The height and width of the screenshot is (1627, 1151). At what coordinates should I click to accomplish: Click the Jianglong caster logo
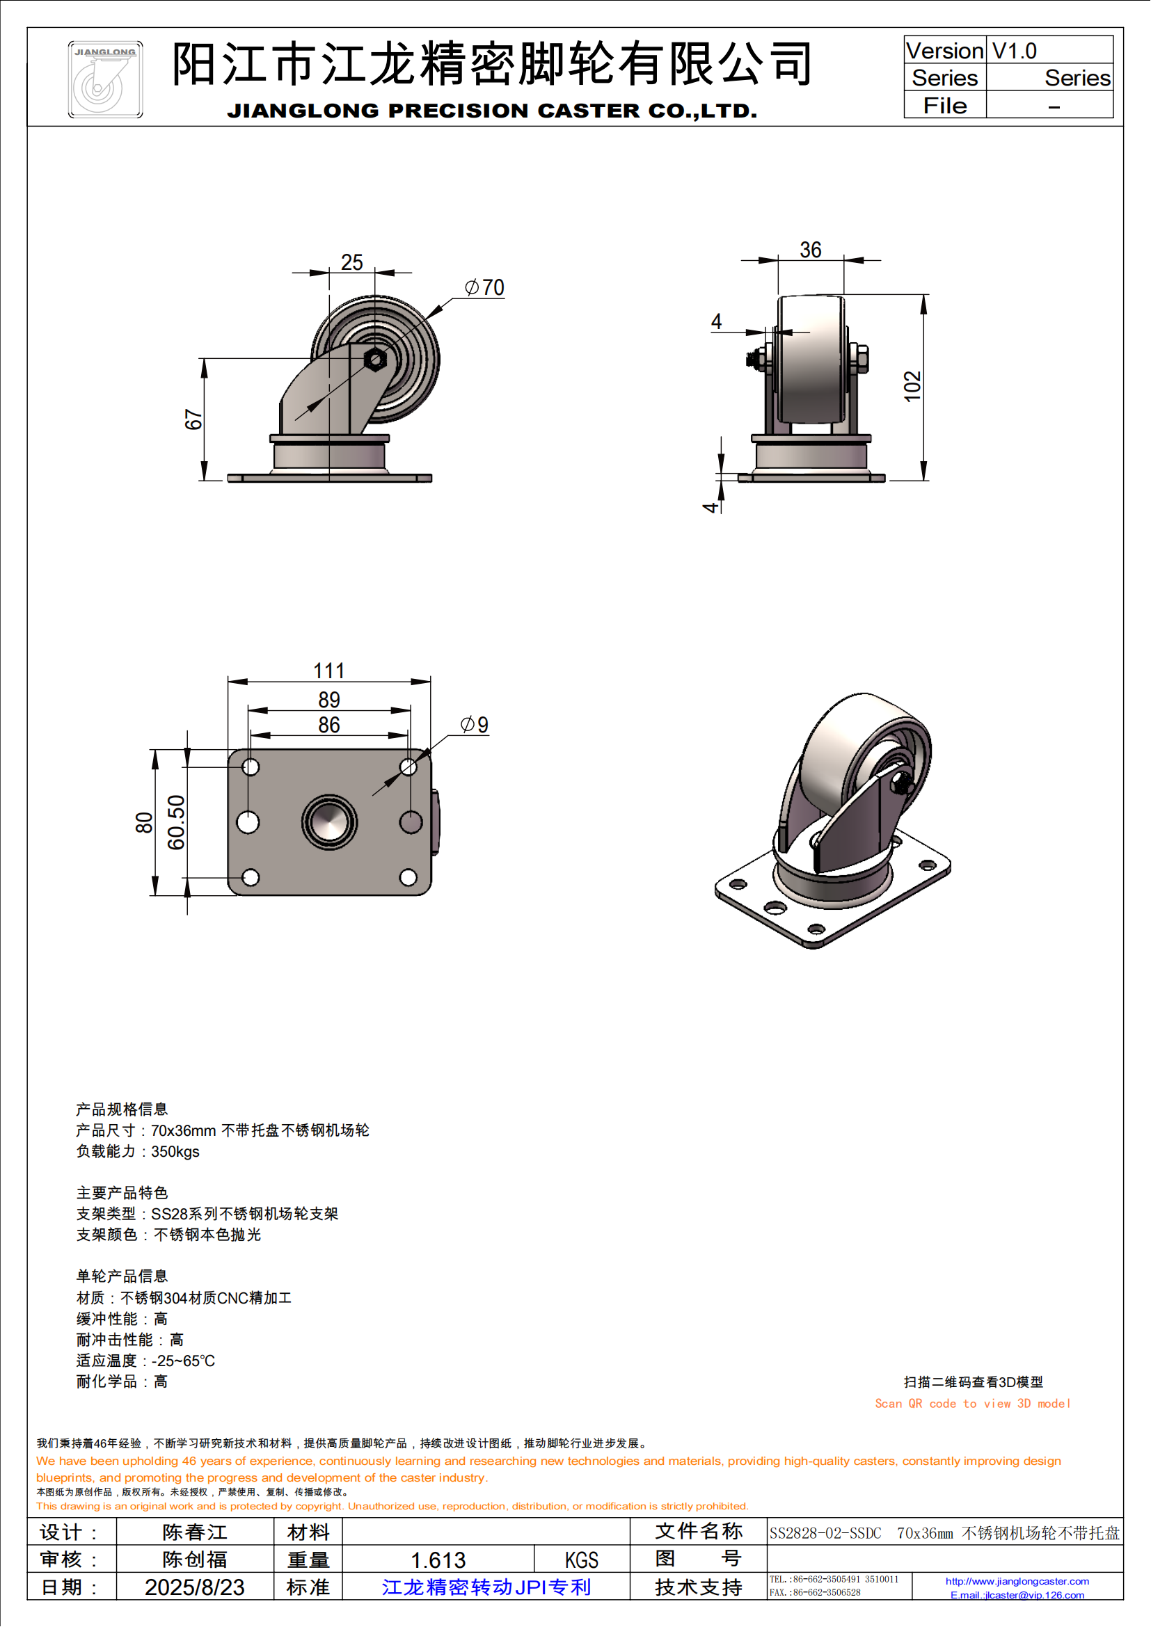point(105,79)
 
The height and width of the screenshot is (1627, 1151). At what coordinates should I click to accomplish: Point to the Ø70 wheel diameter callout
point(485,287)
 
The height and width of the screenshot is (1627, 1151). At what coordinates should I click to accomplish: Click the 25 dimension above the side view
point(351,262)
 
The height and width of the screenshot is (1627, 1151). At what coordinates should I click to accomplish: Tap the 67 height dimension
point(193,419)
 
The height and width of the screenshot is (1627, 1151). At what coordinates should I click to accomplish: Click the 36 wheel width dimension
point(810,250)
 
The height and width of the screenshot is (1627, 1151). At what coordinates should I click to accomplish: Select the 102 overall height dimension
point(912,386)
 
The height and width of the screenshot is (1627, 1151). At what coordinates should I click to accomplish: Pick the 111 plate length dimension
point(329,671)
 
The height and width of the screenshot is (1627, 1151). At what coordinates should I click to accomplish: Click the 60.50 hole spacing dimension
point(176,822)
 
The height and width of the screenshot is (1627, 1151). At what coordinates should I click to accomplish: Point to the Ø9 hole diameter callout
point(474,725)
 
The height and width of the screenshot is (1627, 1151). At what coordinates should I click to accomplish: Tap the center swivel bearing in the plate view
point(330,822)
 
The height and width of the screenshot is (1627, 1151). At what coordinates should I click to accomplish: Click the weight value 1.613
point(438,1560)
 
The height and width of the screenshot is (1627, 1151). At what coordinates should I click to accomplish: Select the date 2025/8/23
point(194,1587)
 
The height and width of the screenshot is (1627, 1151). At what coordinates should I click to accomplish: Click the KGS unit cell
point(581,1560)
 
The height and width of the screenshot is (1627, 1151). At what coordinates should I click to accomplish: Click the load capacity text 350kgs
point(175,1151)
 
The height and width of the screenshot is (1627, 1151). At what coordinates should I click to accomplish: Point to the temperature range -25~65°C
point(183,1361)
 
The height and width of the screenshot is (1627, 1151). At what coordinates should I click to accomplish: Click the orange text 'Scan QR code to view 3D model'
point(971,1403)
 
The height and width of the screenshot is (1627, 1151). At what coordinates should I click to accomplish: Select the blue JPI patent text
point(486,1587)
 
